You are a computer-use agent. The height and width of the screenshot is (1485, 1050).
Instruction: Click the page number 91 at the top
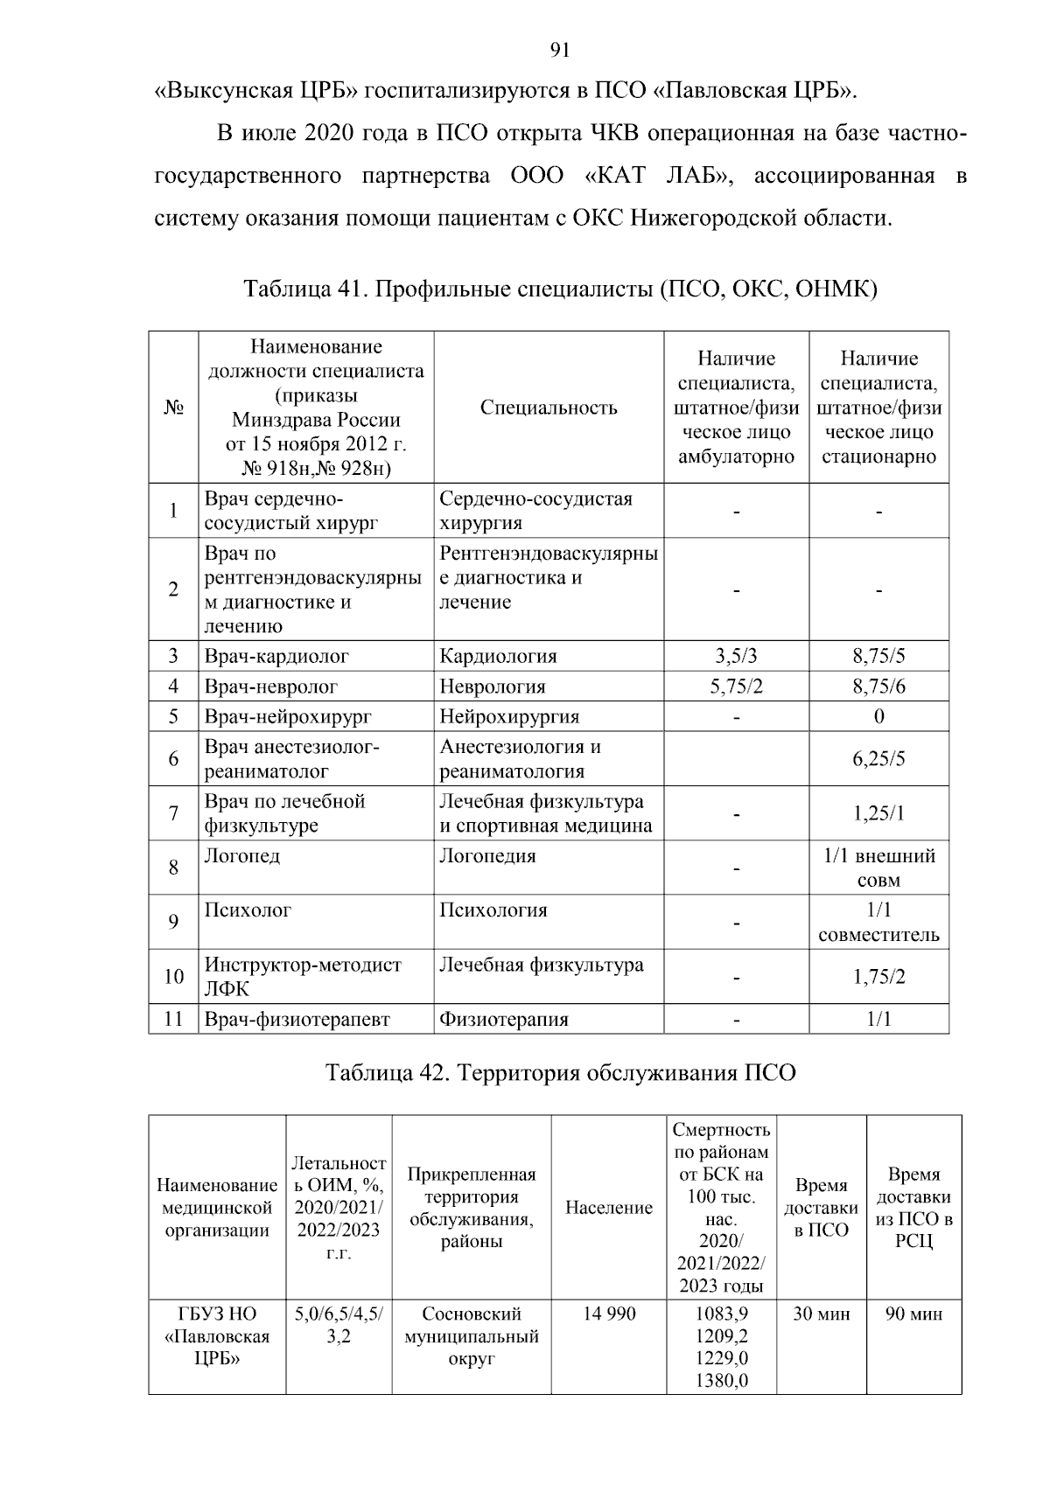[560, 51]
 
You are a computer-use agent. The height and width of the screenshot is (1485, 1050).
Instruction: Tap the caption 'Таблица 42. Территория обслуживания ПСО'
[560, 1072]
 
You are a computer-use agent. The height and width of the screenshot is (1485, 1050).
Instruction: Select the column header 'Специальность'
[549, 408]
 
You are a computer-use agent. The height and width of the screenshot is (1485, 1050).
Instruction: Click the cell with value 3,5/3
[736, 656]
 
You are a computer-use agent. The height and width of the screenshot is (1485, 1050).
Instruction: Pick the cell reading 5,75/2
[736, 687]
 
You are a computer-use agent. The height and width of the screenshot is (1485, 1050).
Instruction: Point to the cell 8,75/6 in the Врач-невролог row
[878, 687]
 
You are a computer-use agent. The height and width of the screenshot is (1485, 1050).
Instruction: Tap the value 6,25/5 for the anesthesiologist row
[878, 758]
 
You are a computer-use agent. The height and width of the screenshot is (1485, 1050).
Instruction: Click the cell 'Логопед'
[242, 856]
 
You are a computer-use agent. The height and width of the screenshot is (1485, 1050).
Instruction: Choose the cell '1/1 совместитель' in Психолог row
[878, 922]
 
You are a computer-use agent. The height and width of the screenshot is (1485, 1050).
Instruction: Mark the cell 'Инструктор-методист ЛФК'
[302, 976]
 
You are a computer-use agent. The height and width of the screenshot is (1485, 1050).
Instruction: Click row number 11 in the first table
[173, 1019]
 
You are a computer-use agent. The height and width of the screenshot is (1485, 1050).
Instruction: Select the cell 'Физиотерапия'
[504, 1019]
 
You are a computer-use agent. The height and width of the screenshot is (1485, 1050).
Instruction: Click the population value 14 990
[609, 1314]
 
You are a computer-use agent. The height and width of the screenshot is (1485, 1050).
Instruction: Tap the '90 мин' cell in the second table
[913, 1314]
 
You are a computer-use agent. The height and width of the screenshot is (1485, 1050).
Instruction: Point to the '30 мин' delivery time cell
[821, 1314]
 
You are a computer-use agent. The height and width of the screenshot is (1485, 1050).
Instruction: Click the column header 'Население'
[609, 1208]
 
